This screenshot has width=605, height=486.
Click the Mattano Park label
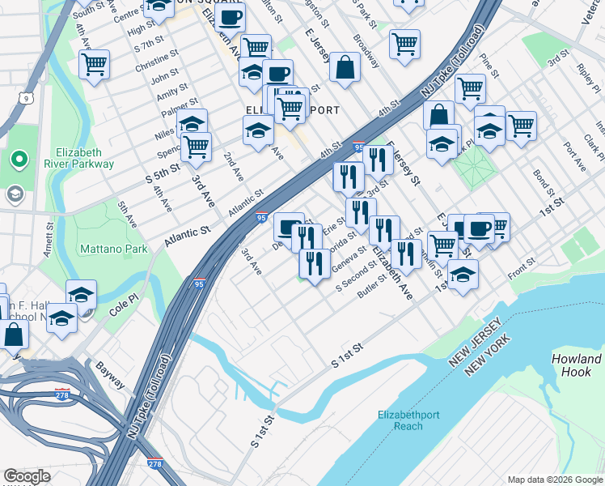(x=113, y=249)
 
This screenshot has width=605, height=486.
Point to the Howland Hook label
(x=577, y=365)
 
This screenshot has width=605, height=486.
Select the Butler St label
(x=373, y=290)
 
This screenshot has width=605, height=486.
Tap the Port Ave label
(x=576, y=158)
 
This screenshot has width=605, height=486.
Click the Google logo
(x=27, y=477)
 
